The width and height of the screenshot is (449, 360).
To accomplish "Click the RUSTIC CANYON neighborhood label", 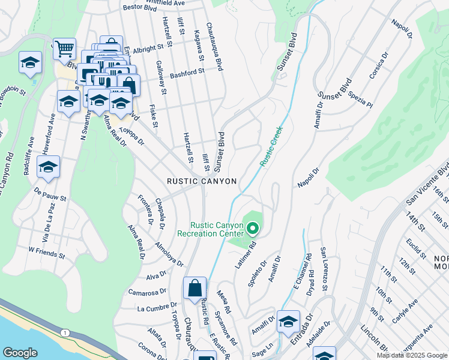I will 202,181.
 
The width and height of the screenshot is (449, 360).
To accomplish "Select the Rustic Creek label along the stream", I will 271,146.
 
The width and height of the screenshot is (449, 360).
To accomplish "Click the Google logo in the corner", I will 20,353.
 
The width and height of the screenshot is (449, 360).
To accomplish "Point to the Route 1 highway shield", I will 63,332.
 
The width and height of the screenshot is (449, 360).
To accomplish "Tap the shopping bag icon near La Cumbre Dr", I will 195,288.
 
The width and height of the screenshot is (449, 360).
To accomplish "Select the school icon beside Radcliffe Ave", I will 49,167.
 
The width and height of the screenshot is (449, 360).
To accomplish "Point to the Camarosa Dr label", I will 147,292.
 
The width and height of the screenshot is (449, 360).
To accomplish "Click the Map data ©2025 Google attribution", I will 412,355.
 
